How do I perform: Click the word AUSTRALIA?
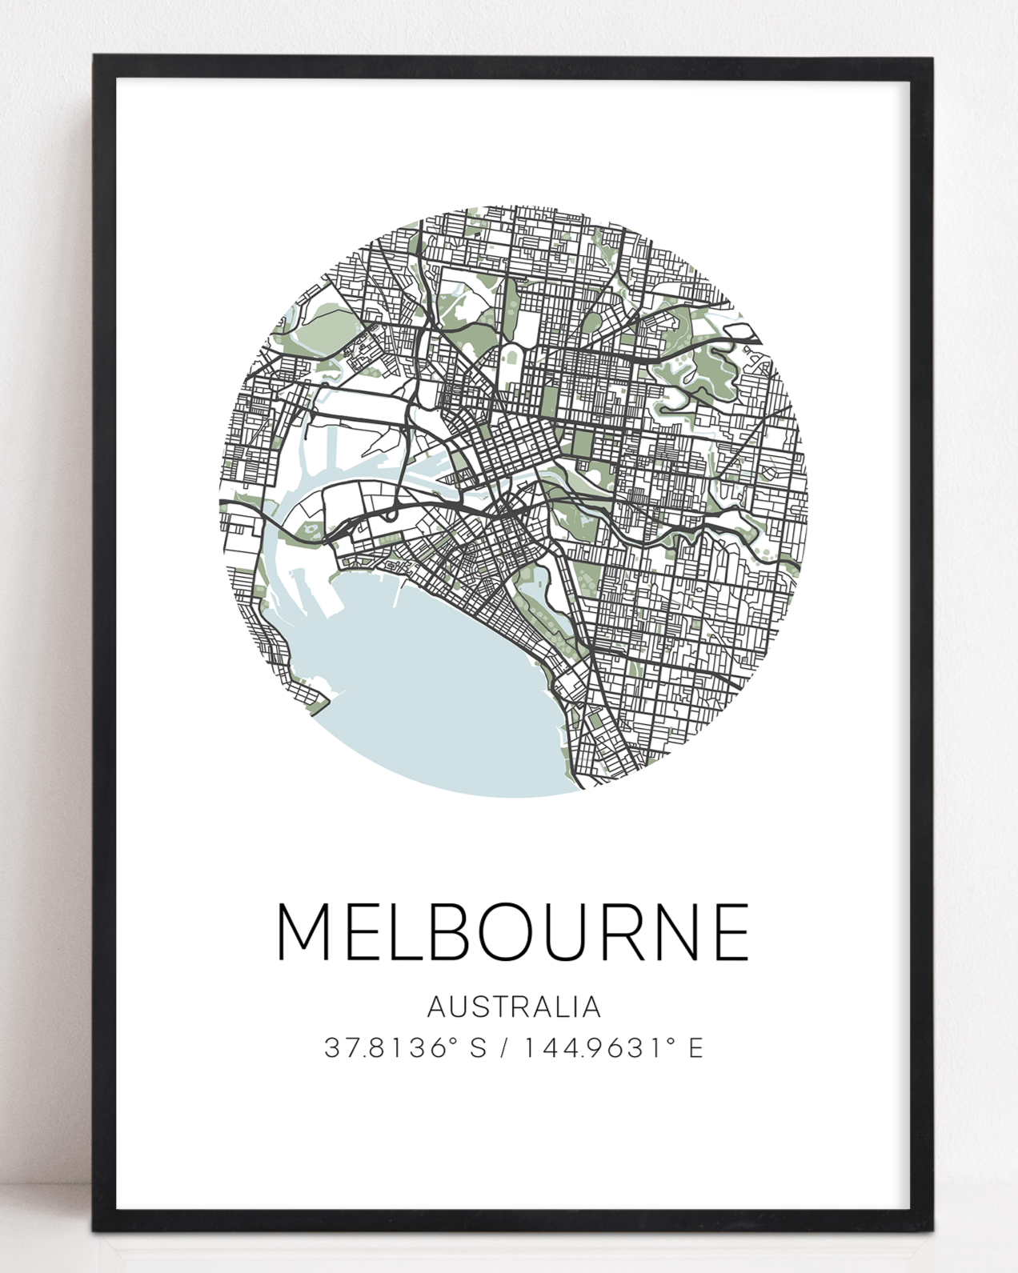pos(514,1007)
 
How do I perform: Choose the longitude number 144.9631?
pos(594,1047)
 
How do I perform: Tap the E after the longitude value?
pos(695,1047)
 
